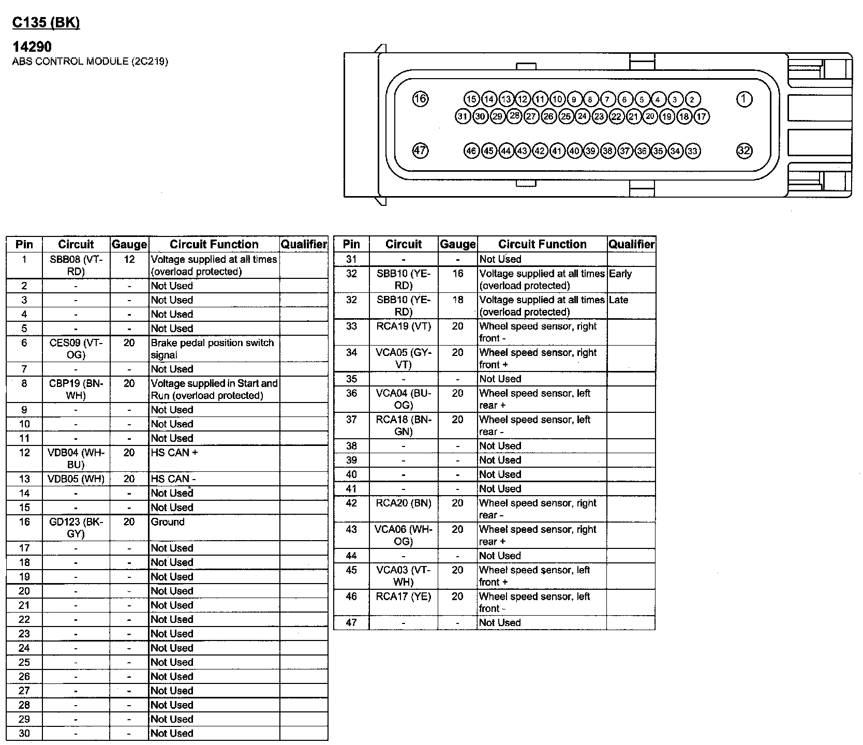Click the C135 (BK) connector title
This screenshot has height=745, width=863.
pyautogui.click(x=46, y=23)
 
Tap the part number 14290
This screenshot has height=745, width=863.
pyautogui.click(x=32, y=47)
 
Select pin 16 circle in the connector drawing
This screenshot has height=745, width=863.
pyautogui.click(x=420, y=99)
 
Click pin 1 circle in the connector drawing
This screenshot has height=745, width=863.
pyautogui.click(x=744, y=99)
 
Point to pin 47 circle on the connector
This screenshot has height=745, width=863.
pyautogui.click(x=420, y=151)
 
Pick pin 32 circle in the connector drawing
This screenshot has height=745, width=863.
pyautogui.click(x=744, y=151)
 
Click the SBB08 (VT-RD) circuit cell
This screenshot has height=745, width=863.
pyautogui.click(x=76, y=265)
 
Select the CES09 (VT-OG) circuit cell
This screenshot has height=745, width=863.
pyautogui.click(x=76, y=349)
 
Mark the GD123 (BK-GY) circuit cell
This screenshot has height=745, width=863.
pyautogui.click(x=76, y=528)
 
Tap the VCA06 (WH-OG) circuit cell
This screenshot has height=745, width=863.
pyautogui.click(x=404, y=535)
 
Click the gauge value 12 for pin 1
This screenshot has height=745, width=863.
pyautogui.click(x=129, y=259)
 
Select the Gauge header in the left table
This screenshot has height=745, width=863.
pyautogui.click(x=129, y=245)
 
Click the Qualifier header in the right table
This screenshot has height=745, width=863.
pyautogui.click(x=631, y=244)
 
